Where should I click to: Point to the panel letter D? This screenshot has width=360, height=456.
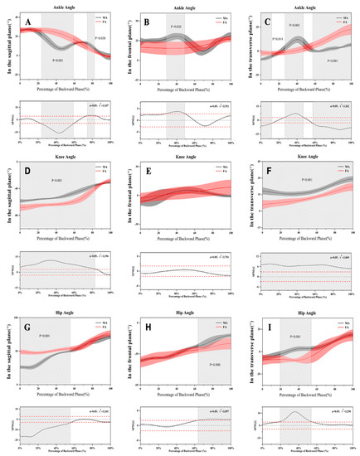click(x=29, y=172)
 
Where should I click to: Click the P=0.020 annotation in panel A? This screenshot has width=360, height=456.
click(x=100, y=38)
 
